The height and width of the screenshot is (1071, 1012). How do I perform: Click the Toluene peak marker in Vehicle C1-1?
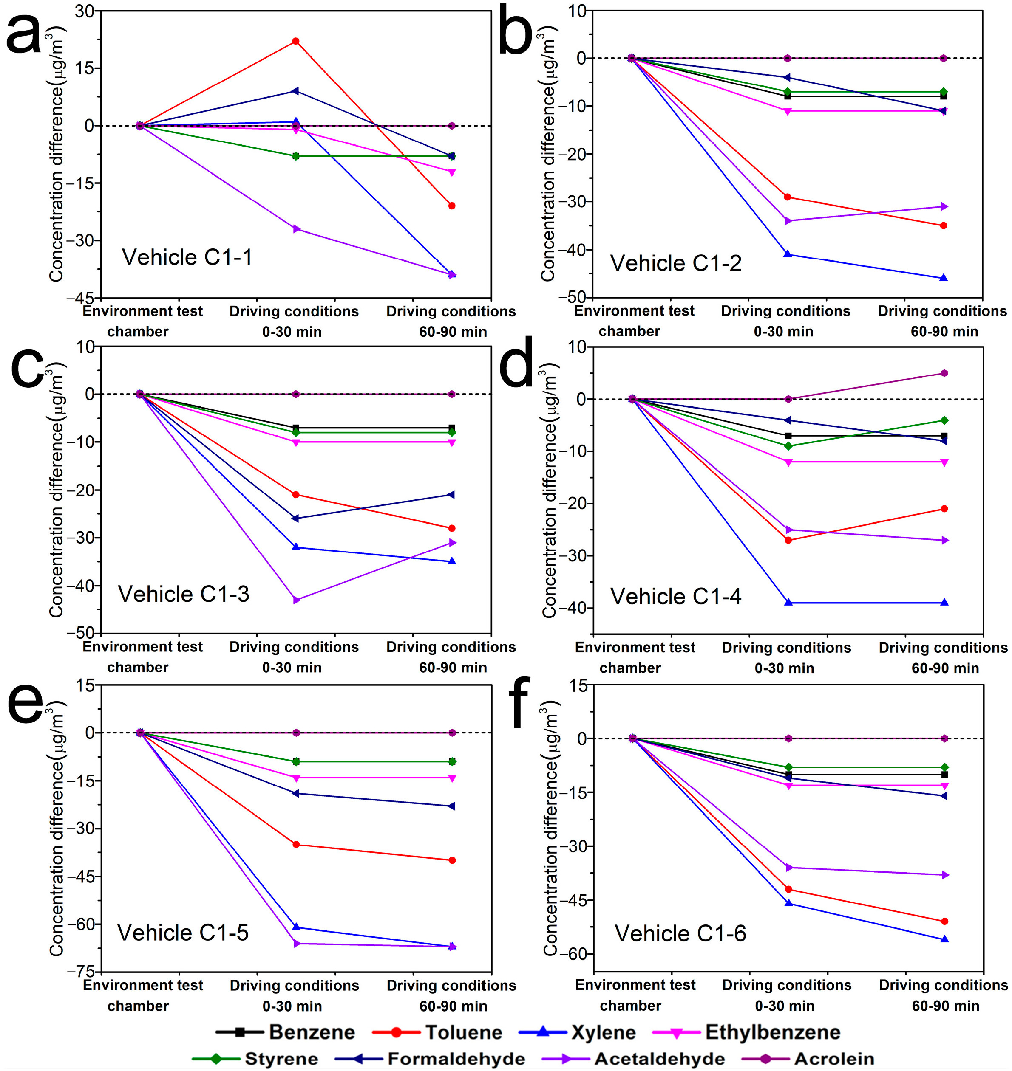[x=296, y=41]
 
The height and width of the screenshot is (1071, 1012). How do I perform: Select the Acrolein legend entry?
[x=833, y=1059]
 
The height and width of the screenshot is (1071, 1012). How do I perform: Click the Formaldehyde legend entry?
[x=456, y=1059]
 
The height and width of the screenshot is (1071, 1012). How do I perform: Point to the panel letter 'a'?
[x=24, y=35]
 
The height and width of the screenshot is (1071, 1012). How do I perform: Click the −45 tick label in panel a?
[x=81, y=298]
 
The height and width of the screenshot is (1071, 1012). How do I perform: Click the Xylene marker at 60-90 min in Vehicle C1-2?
[x=944, y=278]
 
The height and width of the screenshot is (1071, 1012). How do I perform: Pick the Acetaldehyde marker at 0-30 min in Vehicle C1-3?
[x=296, y=600]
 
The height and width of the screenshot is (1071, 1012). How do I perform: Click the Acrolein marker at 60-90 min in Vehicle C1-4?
[x=944, y=373]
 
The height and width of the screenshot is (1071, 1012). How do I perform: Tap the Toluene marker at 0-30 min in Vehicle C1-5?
[x=296, y=845]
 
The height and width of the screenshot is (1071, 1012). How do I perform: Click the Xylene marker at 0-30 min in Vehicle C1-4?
[x=788, y=603]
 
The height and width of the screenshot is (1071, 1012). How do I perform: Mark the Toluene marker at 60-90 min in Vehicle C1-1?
[x=451, y=206]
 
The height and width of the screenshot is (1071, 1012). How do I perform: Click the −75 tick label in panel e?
[x=81, y=971]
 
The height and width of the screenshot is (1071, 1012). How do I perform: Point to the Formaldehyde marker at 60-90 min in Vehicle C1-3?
[x=451, y=494]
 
